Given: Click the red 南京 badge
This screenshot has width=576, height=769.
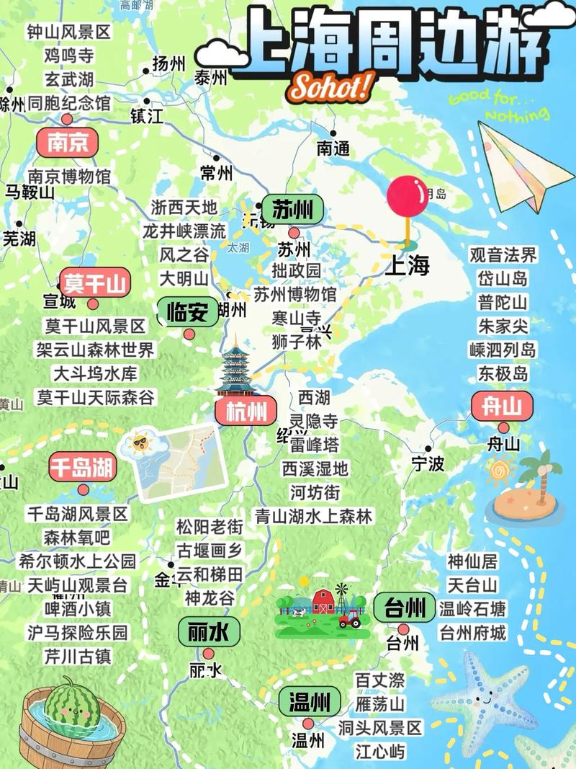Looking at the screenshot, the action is click(x=67, y=142).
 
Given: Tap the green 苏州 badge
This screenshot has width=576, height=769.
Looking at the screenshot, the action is click(x=292, y=210).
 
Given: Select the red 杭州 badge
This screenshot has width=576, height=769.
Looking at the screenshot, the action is click(x=246, y=412).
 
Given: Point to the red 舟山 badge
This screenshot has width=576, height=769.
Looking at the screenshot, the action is click(x=502, y=407).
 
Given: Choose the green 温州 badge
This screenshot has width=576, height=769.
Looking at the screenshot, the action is click(x=310, y=701).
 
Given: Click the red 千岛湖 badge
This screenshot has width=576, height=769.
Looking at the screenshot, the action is click(x=83, y=468).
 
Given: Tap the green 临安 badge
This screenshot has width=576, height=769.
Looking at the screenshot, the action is click(x=187, y=312).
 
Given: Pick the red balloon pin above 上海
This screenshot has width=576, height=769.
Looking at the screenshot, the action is click(x=408, y=195).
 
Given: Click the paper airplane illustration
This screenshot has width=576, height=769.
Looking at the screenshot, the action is click(x=516, y=166).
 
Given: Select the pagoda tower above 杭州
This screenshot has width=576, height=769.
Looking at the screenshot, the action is click(x=235, y=368).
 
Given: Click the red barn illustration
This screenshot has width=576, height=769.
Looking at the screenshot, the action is click(x=323, y=600).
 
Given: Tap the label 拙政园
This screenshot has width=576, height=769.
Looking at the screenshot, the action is click(x=296, y=271).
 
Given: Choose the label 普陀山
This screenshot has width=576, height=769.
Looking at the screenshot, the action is click(x=503, y=302).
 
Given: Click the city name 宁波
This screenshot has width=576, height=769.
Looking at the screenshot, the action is click(x=428, y=463).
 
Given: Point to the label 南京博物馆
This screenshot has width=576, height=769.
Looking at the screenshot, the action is click(x=69, y=176).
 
